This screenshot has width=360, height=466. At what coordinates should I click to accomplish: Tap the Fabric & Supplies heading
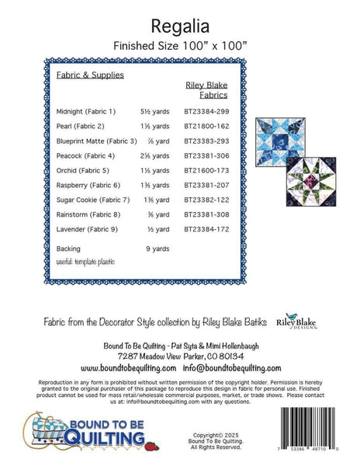point(90,75)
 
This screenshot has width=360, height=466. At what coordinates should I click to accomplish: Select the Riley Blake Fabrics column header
point(206,90)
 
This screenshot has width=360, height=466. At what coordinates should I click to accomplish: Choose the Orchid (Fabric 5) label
point(84,170)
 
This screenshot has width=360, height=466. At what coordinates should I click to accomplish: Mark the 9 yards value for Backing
point(157,249)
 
